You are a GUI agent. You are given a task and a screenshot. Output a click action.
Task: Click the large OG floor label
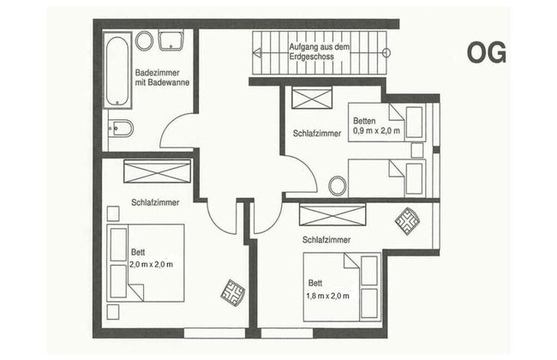(487, 52)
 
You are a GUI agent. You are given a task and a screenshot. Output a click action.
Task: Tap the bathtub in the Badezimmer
(117, 70)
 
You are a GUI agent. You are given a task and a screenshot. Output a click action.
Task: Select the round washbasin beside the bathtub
(144, 41)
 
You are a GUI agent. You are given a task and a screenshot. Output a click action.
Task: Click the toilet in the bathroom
(121, 129)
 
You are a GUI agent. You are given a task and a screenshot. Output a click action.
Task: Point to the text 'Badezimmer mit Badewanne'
(162, 77)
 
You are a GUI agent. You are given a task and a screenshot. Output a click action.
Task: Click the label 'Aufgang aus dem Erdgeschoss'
(319, 51)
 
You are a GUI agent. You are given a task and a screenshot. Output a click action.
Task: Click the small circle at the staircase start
(386, 53)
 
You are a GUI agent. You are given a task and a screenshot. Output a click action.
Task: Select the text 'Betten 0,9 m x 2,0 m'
(376, 126)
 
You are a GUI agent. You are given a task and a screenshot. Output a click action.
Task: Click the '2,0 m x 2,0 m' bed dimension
(151, 264)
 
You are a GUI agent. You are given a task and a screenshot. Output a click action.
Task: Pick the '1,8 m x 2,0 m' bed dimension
(327, 296)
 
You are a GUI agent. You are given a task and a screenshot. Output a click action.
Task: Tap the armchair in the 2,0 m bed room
(233, 293)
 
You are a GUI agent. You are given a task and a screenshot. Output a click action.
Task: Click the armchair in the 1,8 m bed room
(407, 221)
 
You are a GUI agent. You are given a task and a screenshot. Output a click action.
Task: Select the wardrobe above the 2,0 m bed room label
(157, 171)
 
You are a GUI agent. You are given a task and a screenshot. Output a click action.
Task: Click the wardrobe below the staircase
(312, 98)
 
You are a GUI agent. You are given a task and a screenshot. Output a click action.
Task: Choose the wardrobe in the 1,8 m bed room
(332, 214)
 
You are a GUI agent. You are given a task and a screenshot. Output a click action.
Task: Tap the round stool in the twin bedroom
(337, 185)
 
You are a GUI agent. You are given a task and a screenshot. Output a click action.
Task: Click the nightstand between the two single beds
(417, 150)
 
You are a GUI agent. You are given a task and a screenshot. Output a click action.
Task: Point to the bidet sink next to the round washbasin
(171, 40)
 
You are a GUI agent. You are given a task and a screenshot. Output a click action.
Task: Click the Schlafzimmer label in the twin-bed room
(317, 133)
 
